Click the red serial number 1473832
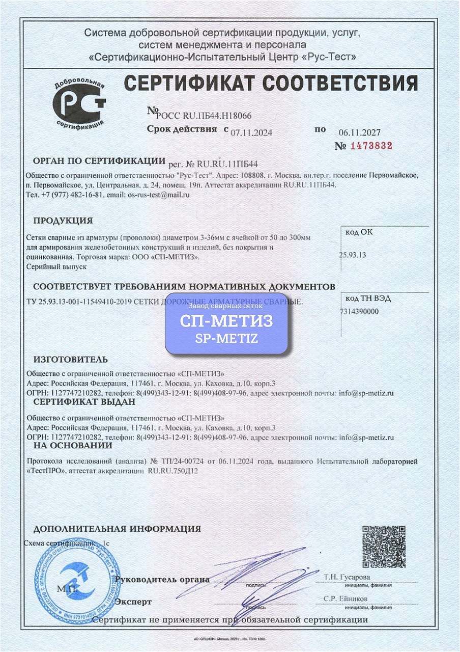click(370, 146)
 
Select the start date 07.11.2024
click(251, 132)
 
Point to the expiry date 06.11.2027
click(359, 131)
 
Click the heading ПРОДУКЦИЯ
click(63, 221)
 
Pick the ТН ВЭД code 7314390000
click(359, 311)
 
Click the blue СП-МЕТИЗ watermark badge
click(226, 323)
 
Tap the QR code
click(384, 547)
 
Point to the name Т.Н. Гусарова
click(347, 577)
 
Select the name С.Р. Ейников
click(345, 599)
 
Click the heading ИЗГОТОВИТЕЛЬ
click(71, 359)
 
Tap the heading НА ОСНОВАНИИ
click(73, 445)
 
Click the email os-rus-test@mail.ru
click(158, 195)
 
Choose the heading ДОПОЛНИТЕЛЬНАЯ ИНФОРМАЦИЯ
click(117, 529)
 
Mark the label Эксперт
click(133, 602)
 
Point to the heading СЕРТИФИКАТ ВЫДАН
click(84, 402)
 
